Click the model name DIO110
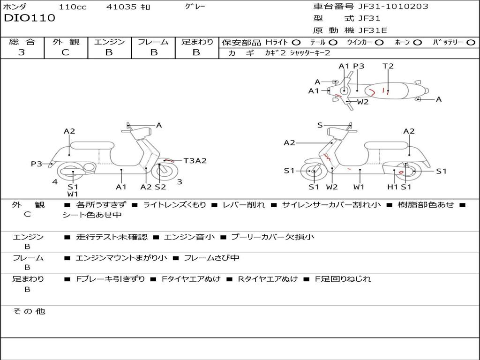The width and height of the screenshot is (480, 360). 30,18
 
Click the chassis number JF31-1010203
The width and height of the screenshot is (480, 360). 393,7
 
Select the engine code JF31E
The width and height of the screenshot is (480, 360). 373,30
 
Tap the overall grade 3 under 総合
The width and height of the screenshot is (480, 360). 22,52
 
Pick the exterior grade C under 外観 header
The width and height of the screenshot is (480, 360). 65,52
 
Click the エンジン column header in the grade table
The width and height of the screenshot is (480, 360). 109,42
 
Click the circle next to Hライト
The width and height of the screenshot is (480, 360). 296,43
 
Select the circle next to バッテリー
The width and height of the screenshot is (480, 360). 471,43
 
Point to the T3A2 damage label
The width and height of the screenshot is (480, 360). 195,161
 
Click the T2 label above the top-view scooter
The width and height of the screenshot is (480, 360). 388,66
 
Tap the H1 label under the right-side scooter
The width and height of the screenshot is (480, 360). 392,187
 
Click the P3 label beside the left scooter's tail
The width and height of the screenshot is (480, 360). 37,164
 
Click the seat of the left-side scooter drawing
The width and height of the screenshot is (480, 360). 92,145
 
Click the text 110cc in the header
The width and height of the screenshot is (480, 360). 73,7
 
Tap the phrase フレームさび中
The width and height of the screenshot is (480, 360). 211,258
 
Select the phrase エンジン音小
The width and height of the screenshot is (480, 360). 189,237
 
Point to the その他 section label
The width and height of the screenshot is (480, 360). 29,311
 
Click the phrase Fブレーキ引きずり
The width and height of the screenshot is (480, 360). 111,279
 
